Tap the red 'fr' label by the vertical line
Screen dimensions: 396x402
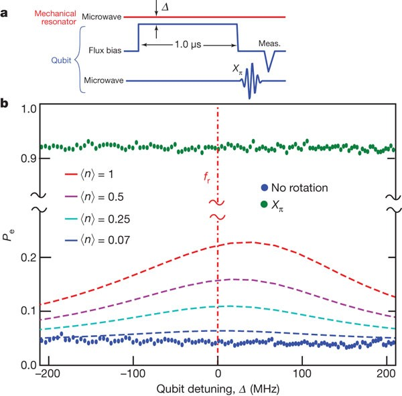[x=207, y=179]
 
